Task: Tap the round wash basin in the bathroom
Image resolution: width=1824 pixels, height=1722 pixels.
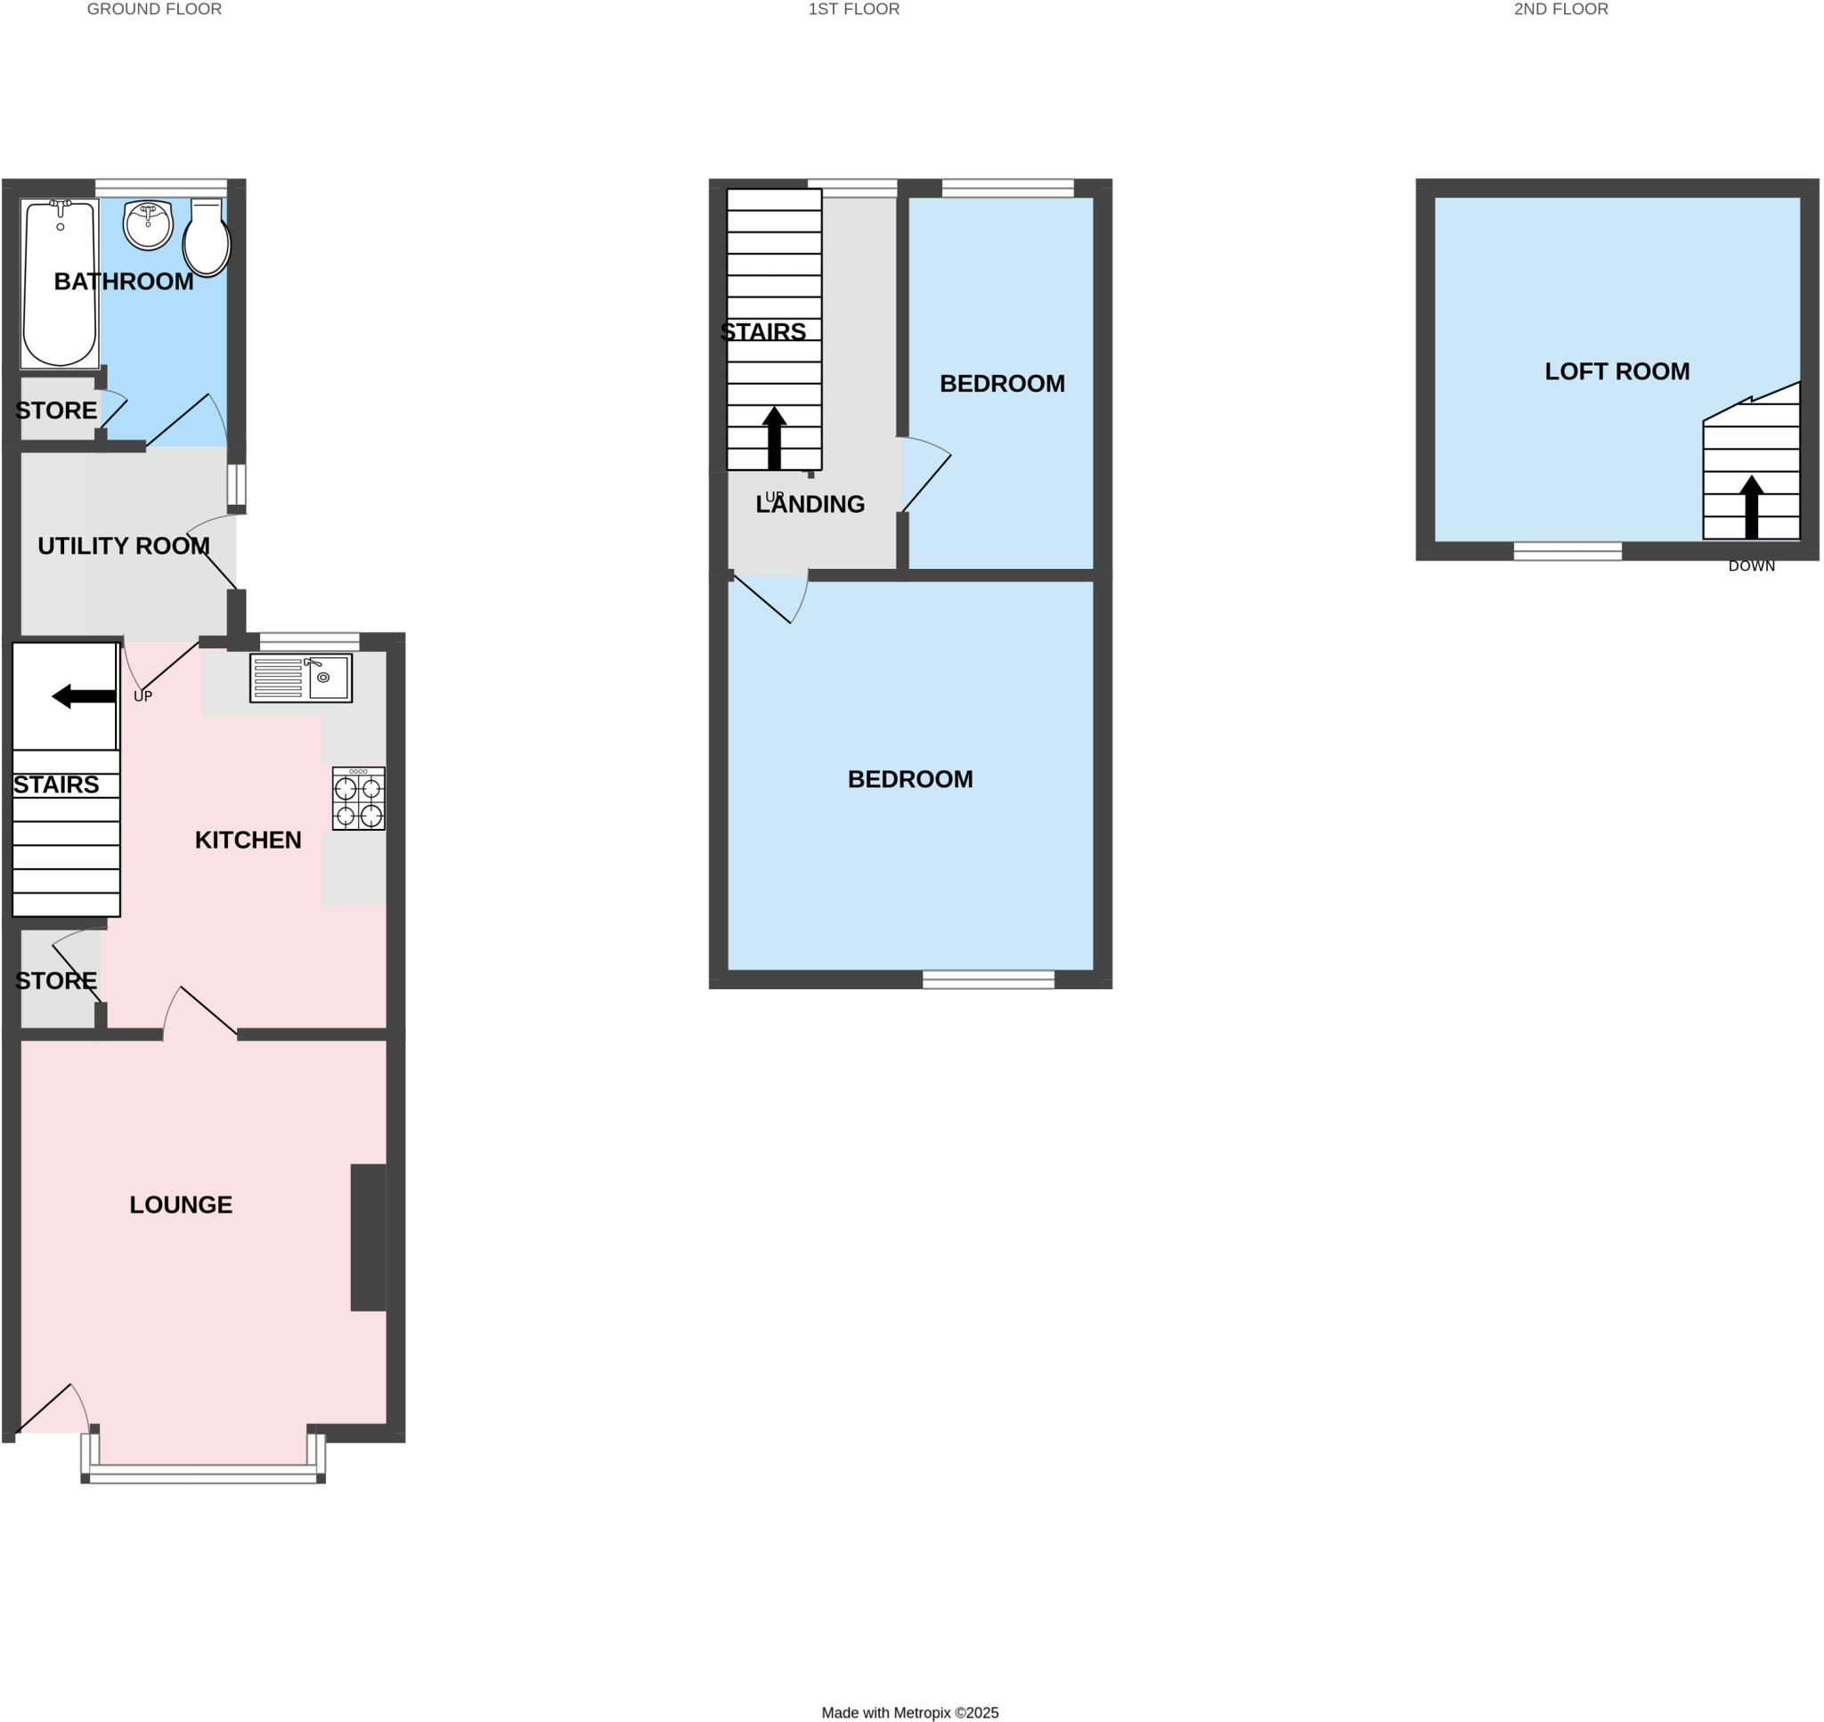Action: click(148, 225)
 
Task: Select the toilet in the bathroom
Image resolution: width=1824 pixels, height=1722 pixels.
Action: click(207, 240)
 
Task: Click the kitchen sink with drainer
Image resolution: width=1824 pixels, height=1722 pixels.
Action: click(300, 678)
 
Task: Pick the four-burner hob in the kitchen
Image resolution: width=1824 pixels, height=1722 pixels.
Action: click(358, 800)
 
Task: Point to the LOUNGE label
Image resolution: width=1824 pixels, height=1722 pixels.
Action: click(181, 1206)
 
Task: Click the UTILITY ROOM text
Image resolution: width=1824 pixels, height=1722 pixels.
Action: click(123, 546)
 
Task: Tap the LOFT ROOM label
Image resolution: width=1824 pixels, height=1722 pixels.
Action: click(1616, 372)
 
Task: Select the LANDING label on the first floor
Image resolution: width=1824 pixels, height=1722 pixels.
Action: click(810, 504)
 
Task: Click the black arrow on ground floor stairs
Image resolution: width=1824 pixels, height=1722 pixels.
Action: click(84, 696)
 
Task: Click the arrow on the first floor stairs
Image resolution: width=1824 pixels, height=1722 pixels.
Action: click(774, 438)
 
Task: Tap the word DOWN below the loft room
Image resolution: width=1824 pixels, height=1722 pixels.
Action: click(1752, 566)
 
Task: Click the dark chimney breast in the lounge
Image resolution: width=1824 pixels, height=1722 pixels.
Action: click(368, 1237)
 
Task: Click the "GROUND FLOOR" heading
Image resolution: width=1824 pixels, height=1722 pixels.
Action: click(154, 9)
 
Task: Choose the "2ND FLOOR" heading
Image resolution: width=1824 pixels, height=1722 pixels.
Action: click(1560, 9)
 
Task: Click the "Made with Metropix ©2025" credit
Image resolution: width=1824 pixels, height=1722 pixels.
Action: click(909, 1712)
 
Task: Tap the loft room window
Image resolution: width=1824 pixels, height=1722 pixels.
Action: click(1567, 551)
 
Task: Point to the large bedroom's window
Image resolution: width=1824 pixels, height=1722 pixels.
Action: click(989, 979)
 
